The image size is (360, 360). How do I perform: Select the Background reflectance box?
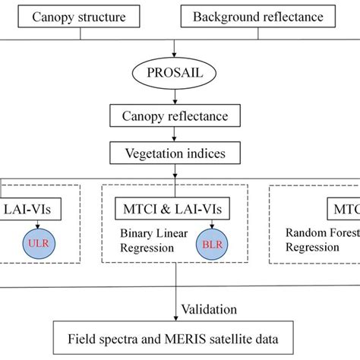258,17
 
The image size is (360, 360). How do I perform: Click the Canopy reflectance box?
175,116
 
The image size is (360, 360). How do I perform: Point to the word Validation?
210,309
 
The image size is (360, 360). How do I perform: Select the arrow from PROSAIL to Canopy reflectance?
175,98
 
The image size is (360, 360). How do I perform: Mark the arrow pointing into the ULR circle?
36,226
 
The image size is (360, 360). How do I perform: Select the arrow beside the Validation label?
175,308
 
